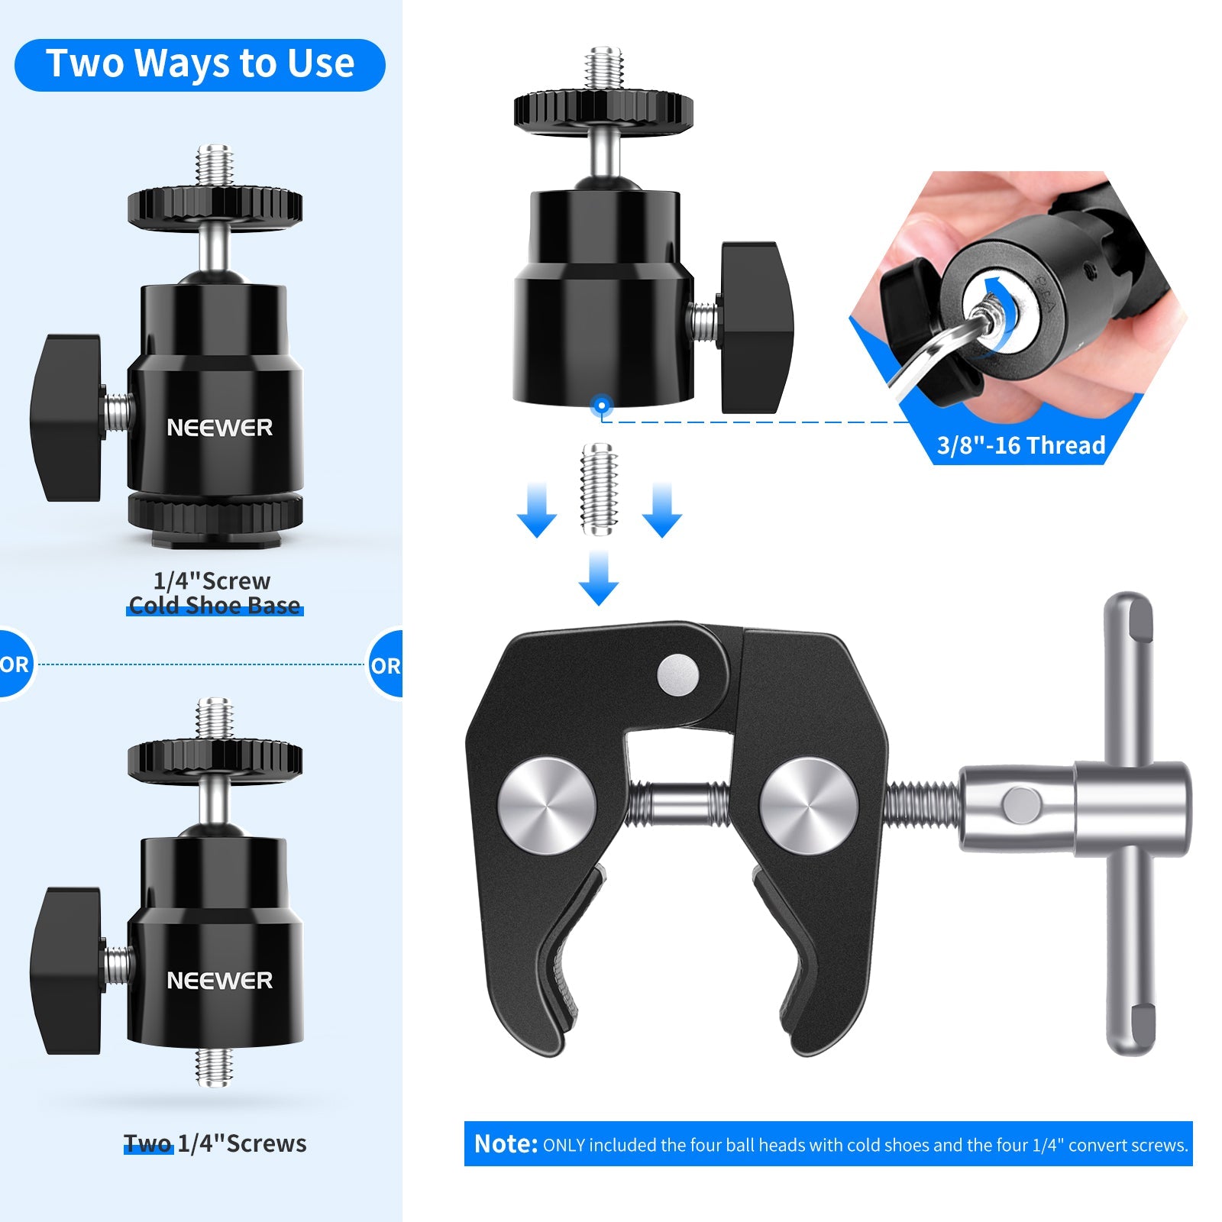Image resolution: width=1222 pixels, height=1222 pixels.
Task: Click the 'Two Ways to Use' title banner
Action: pyautogui.click(x=200, y=65)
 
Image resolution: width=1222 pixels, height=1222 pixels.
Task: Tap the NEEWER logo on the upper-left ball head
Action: pyautogui.click(x=220, y=428)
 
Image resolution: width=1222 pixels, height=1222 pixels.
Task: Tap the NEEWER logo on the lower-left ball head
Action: pyautogui.click(x=220, y=981)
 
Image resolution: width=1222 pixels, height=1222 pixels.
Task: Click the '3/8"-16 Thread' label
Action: pyautogui.click(x=1021, y=445)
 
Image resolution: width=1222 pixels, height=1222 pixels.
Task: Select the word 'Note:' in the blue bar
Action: pyautogui.click(x=506, y=1143)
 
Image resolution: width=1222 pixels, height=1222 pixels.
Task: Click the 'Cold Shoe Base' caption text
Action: pyautogui.click(x=215, y=606)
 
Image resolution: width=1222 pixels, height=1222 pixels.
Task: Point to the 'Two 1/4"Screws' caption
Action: pyautogui.click(x=215, y=1143)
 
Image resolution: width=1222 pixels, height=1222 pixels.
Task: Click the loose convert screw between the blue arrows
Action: pyautogui.click(x=600, y=489)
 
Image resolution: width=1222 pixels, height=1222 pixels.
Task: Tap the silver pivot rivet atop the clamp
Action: pyautogui.click(x=677, y=674)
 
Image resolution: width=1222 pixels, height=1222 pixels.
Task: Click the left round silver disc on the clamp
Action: pyautogui.click(x=547, y=806)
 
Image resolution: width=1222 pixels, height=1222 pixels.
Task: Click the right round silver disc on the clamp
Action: pyautogui.click(x=809, y=806)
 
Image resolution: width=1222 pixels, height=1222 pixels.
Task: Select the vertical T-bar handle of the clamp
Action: pyautogui.click(x=1130, y=824)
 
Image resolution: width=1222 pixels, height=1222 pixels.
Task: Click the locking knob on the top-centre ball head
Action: pyautogui.click(x=756, y=328)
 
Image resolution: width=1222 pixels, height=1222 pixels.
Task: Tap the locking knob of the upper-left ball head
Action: pyautogui.click(x=66, y=418)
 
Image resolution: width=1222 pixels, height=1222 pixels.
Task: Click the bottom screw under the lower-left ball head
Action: pyautogui.click(x=214, y=1066)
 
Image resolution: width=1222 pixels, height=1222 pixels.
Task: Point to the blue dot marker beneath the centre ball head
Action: pyautogui.click(x=602, y=405)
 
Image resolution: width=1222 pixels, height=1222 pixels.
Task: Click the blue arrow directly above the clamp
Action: pyautogui.click(x=599, y=578)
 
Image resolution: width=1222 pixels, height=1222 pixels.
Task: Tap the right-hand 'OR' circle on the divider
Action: pyautogui.click(x=386, y=665)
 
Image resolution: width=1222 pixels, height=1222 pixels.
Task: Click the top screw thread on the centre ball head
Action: pyautogui.click(x=604, y=69)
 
